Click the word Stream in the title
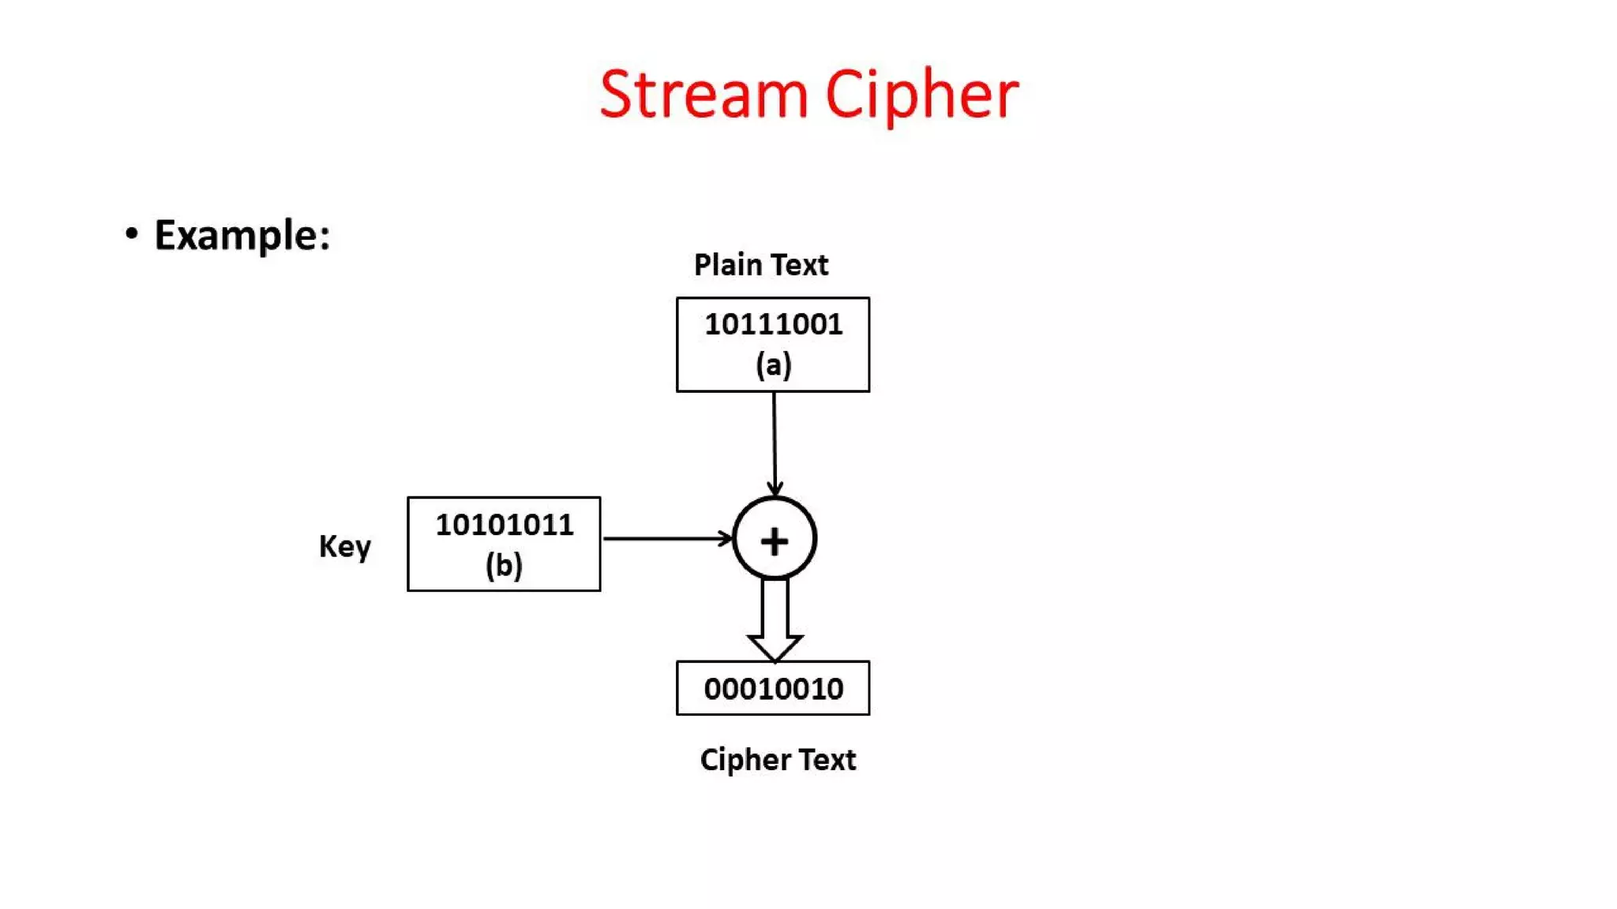pyautogui.click(x=703, y=95)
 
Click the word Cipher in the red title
pyautogui.click(x=921, y=95)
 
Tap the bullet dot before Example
pyautogui.click(x=132, y=234)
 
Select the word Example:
pyautogui.click(x=242, y=235)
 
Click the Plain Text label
pyautogui.click(x=761, y=265)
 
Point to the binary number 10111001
pyautogui.click(x=773, y=324)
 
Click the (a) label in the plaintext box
pyautogui.click(x=773, y=365)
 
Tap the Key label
pyautogui.click(x=344, y=546)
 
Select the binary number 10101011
pyautogui.click(x=504, y=525)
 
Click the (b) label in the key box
pyautogui.click(x=504, y=565)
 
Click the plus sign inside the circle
pyautogui.click(x=774, y=541)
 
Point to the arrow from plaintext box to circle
pyautogui.click(x=774, y=442)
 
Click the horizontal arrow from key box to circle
pyautogui.click(x=663, y=538)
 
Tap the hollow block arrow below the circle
pyautogui.click(x=775, y=623)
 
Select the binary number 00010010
pyautogui.click(x=773, y=689)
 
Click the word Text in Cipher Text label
pyautogui.click(x=827, y=760)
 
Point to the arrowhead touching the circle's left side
pyautogui.click(x=726, y=538)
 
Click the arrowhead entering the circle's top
pyautogui.click(x=775, y=488)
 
